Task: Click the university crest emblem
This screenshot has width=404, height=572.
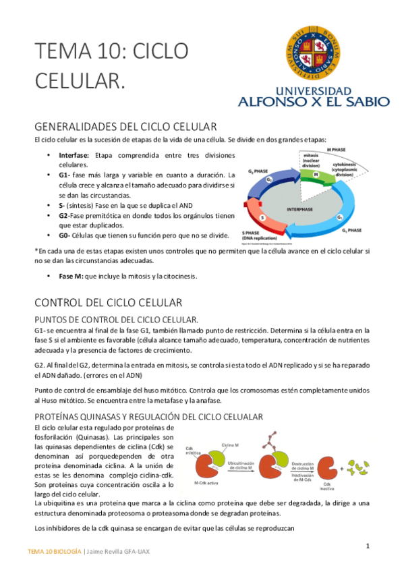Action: pos(314,53)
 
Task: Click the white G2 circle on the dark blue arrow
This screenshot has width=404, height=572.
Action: pos(269,180)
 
